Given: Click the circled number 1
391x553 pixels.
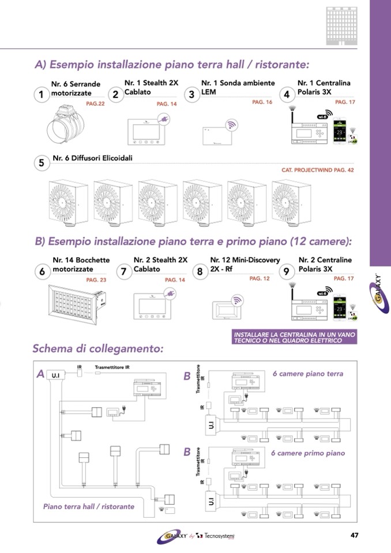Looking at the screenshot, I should pos(40,95).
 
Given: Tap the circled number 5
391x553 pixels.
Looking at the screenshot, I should pos(41,163).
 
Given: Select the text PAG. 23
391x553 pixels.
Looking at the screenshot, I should pos(96,280).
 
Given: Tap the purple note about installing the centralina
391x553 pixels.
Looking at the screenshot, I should pos(295,337).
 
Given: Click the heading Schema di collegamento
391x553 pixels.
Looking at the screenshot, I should pos(98,348).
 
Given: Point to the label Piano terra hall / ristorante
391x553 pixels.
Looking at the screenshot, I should pos(89,506).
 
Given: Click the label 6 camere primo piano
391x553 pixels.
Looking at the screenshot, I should pos(308,453).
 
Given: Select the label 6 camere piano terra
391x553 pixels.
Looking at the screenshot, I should pos(307,374).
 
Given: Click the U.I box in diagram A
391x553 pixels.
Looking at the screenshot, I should pos(56,375).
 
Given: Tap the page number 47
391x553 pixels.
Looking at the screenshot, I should pos(355,536).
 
